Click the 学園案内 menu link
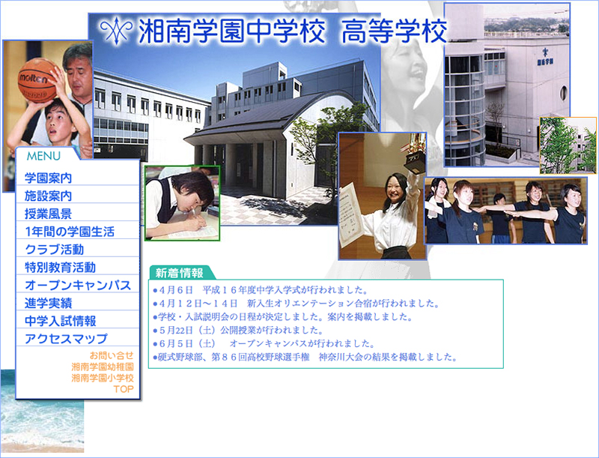point(48,178)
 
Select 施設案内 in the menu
point(48,196)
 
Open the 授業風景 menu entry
point(48,214)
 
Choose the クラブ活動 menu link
point(54,250)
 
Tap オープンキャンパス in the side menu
point(78,285)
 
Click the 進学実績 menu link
point(48,303)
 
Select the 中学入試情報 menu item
point(60,321)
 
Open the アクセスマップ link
point(66,339)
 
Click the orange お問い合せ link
point(112,355)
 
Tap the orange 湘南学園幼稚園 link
point(103,367)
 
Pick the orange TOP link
point(124,389)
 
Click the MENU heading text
point(43,156)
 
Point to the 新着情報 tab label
point(180,273)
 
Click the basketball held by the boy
point(38,80)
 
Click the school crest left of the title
point(116,30)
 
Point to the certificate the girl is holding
point(350,214)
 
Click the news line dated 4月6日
point(260,290)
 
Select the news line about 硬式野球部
point(305,357)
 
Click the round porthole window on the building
point(564,93)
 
